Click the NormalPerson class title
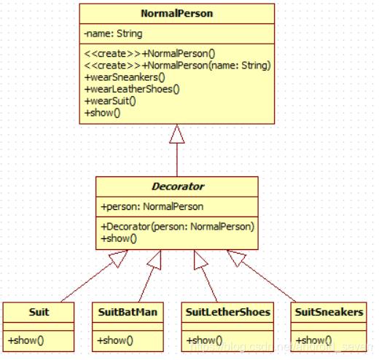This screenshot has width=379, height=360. coord(177,13)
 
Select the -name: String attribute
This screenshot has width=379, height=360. coord(113,34)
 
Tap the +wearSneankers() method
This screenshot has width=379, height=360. coord(125,77)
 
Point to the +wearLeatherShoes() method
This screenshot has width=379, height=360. coord(132,90)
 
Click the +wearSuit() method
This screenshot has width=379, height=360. coord(110,101)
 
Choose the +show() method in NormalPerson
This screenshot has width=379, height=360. coord(102,113)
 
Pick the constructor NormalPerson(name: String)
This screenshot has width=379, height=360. coord(177,66)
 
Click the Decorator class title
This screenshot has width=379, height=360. coord(178,187)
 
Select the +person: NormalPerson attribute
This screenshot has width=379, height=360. coord(152,207)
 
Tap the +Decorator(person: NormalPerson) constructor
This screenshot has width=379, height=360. coord(178,227)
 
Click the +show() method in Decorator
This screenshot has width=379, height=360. coord(119,238)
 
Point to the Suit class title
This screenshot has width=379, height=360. coord(39,312)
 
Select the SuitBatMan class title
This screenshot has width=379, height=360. coord(128,312)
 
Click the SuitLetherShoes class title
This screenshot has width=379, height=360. coord(228,312)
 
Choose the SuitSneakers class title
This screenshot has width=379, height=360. coord(329,312)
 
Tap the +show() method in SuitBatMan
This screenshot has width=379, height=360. coord(115,340)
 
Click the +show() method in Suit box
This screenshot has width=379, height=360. coord(26,340)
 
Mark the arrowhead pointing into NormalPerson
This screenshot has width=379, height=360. coord(177,134)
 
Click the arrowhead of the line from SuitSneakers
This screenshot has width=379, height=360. coord(236,257)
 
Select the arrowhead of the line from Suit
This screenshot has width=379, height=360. coord(119,258)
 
